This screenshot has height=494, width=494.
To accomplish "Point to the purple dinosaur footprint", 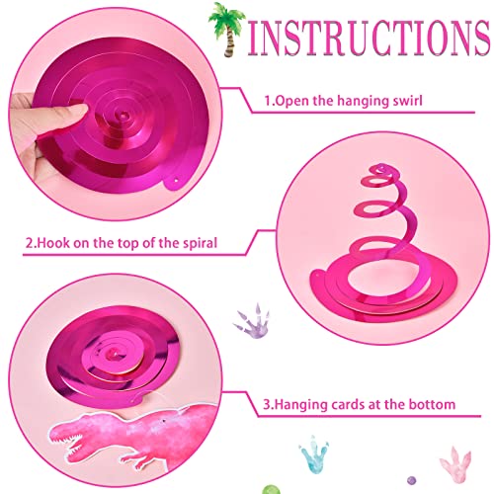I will tap(250, 321).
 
